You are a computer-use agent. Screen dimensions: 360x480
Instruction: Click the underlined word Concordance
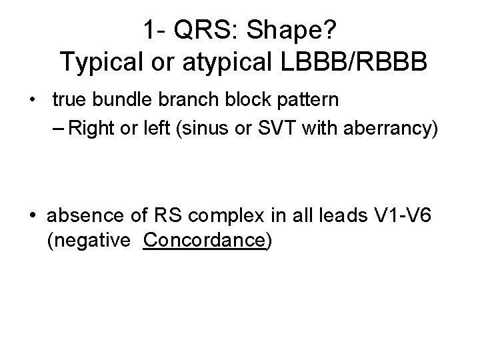pos(204,241)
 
